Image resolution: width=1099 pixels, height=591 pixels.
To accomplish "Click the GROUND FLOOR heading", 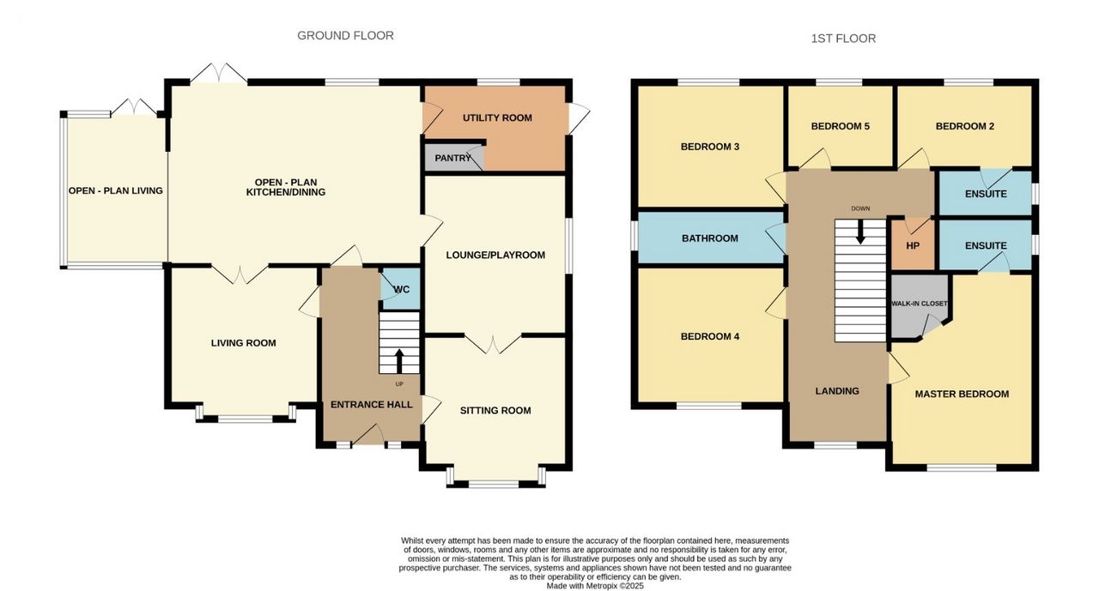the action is tap(345, 36).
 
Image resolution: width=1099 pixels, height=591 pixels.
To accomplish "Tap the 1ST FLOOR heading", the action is tap(843, 39).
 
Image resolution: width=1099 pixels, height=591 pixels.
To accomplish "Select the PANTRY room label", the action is tap(452, 159).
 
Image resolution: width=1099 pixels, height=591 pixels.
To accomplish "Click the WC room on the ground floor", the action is tap(401, 289).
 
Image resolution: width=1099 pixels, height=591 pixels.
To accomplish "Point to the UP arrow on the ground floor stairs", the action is tap(399, 360).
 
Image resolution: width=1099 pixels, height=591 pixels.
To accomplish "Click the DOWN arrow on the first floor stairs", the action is tap(860, 232).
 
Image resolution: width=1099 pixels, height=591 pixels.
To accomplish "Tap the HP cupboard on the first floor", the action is tap(913, 245).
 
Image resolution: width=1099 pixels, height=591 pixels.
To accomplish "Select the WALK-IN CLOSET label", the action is tap(919, 304).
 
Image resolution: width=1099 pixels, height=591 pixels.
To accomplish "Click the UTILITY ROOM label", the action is tap(497, 118).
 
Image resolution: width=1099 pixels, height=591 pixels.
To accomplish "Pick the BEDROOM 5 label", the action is tap(840, 126).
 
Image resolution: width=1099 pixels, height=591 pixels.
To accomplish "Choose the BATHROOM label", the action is tap(710, 238).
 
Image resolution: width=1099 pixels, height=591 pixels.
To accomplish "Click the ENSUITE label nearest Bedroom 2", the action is tap(986, 194).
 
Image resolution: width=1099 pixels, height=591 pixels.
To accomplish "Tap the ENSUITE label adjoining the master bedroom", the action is tap(986, 246).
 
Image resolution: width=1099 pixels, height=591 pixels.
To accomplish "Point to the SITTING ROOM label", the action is tap(495, 411).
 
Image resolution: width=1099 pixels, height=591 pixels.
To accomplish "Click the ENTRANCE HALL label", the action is tap(372, 405).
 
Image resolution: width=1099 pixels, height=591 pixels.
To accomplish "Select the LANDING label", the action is tap(837, 391).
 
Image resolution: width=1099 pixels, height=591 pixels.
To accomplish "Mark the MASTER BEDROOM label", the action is tap(962, 394).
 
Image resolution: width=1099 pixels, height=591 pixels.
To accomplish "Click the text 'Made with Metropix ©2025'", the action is tap(595, 586).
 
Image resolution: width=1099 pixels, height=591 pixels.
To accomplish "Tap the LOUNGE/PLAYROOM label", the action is tap(495, 256).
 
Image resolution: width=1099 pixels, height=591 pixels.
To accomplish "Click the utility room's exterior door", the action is tap(579, 118).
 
